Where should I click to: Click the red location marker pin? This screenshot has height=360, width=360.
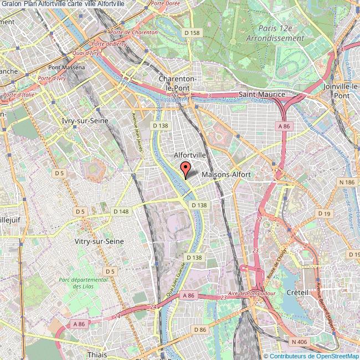coord(186,167)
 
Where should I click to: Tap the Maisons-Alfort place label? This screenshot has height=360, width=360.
coord(227,174)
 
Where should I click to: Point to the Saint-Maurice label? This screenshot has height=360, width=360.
coord(261,95)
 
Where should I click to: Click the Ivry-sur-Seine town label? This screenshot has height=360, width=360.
coord(84,120)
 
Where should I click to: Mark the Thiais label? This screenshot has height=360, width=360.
coord(97,353)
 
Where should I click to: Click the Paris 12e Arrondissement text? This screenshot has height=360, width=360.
coord(281,33)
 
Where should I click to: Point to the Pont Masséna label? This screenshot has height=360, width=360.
coord(66,68)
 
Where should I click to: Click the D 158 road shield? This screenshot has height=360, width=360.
coord(192,33)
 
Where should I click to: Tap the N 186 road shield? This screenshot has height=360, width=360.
coord(347,182)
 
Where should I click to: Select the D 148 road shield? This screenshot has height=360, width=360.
coord(121,211)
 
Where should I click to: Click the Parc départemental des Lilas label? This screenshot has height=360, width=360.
coord(83,284)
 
